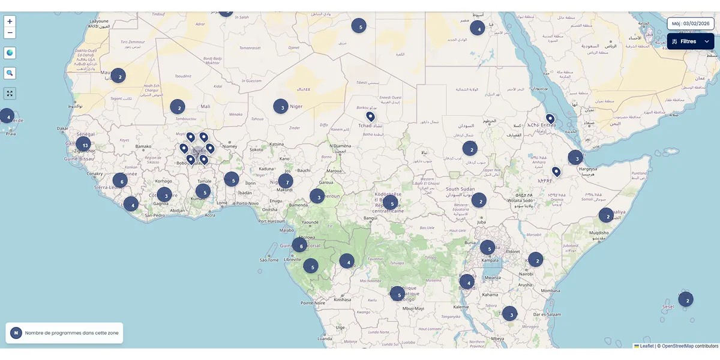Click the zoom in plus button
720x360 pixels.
pyautogui.click(x=10, y=21)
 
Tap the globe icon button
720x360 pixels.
pyautogui.click(x=10, y=53)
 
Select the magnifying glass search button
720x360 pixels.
pyautogui.click(x=10, y=73)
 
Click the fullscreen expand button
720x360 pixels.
pyautogui.click(x=10, y=93)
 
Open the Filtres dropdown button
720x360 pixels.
pyautogui.click(x=690, y=41)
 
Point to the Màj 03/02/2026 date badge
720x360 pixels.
pyautogui.click(x=690, y=23)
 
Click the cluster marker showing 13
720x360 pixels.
pyautogui.click(x=83, y=145)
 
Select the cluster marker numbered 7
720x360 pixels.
pyautogui.click(x=286, y=181)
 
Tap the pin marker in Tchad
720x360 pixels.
pyautogui.click(x=370, y=116)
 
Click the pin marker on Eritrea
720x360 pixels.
pyautogui.click(x=550, y=118)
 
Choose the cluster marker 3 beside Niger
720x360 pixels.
pyautogui.click(x=281, y=106)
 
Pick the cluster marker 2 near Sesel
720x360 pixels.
pyautogui.click(x=686, y=299)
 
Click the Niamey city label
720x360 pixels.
pyautogui.click(x=230, y=146)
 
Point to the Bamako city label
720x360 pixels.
pyautogui.click(x=143, y=146)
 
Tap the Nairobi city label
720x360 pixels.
pyautogui.click(x=526, y=274)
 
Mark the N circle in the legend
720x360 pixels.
pyautogui.click(x=16, y=333)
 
